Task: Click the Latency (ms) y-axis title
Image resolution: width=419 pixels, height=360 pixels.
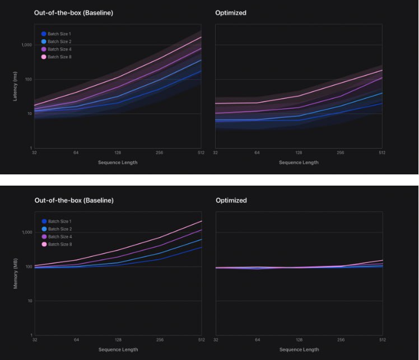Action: point(15,86)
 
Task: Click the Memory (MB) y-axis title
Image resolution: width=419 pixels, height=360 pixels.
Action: point(15,274)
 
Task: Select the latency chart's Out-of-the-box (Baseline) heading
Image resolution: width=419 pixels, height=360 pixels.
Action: point(73,12)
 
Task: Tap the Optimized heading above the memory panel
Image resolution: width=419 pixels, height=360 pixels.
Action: point(231,200)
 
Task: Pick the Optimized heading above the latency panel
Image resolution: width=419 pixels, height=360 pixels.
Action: point(231,12)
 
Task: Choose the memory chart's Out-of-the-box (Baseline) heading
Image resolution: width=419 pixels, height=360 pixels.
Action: point(73,200)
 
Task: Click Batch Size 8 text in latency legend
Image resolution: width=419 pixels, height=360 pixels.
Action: point(59,57)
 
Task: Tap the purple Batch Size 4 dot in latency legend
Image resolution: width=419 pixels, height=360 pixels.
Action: point(44,49)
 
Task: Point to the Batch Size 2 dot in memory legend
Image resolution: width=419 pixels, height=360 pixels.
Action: point(44,229)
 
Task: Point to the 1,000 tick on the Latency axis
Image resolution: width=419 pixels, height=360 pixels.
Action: point(27,45)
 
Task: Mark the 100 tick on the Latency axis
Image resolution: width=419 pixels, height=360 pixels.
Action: point(29,79)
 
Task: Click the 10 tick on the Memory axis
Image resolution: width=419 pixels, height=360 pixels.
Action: point(30,301)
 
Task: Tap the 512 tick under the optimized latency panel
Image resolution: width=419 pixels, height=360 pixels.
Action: point(381,153)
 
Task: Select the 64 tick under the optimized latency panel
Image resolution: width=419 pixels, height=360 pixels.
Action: point(257,153)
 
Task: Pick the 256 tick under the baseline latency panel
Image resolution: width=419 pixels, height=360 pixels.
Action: point(159,153)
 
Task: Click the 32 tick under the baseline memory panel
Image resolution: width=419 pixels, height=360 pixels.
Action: point(35,340)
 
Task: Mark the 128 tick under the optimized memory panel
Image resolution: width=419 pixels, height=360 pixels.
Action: point(299,340)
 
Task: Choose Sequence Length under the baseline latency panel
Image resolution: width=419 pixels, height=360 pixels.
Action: point(118,163)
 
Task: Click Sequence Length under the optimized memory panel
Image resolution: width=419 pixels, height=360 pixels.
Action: point(299,350)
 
